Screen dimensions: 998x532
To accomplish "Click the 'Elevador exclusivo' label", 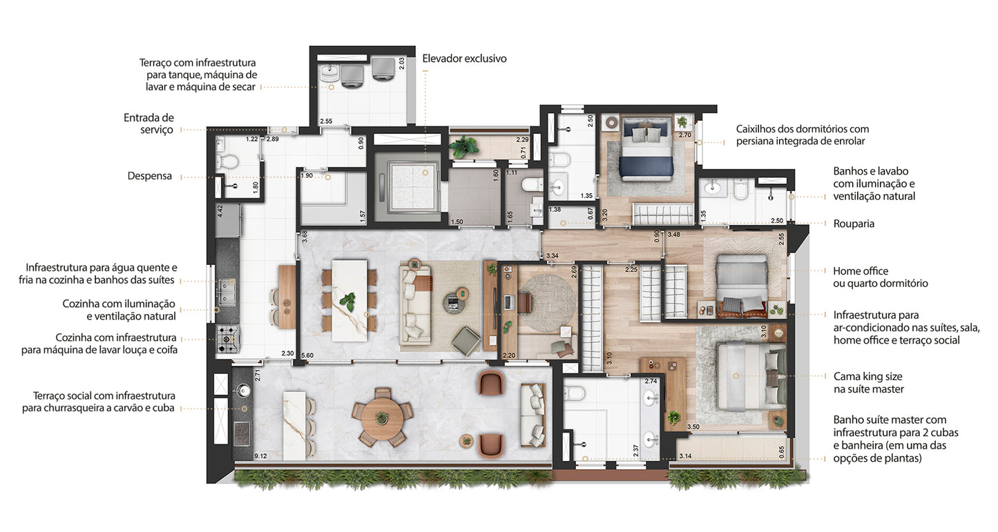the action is (464, 59).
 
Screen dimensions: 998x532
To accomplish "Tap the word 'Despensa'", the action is (150, 176).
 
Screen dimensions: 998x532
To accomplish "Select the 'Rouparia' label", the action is (854, 224).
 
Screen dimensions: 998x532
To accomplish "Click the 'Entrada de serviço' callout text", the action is (148, 124).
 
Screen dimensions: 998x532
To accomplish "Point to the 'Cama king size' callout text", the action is (868, 377).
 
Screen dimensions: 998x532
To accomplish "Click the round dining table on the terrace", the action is (382, 418).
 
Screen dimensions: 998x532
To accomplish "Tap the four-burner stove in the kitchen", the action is (228, 339).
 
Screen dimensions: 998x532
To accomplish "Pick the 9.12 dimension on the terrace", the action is (260, 456).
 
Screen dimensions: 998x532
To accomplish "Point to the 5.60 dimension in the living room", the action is (307, 355).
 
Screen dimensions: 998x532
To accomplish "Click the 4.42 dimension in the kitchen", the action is (220, 211).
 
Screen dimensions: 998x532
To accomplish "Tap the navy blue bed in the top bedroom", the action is (646, 149).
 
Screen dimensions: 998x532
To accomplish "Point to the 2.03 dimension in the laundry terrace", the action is (401, 63).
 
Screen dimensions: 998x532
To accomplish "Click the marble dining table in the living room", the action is (349, 301).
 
